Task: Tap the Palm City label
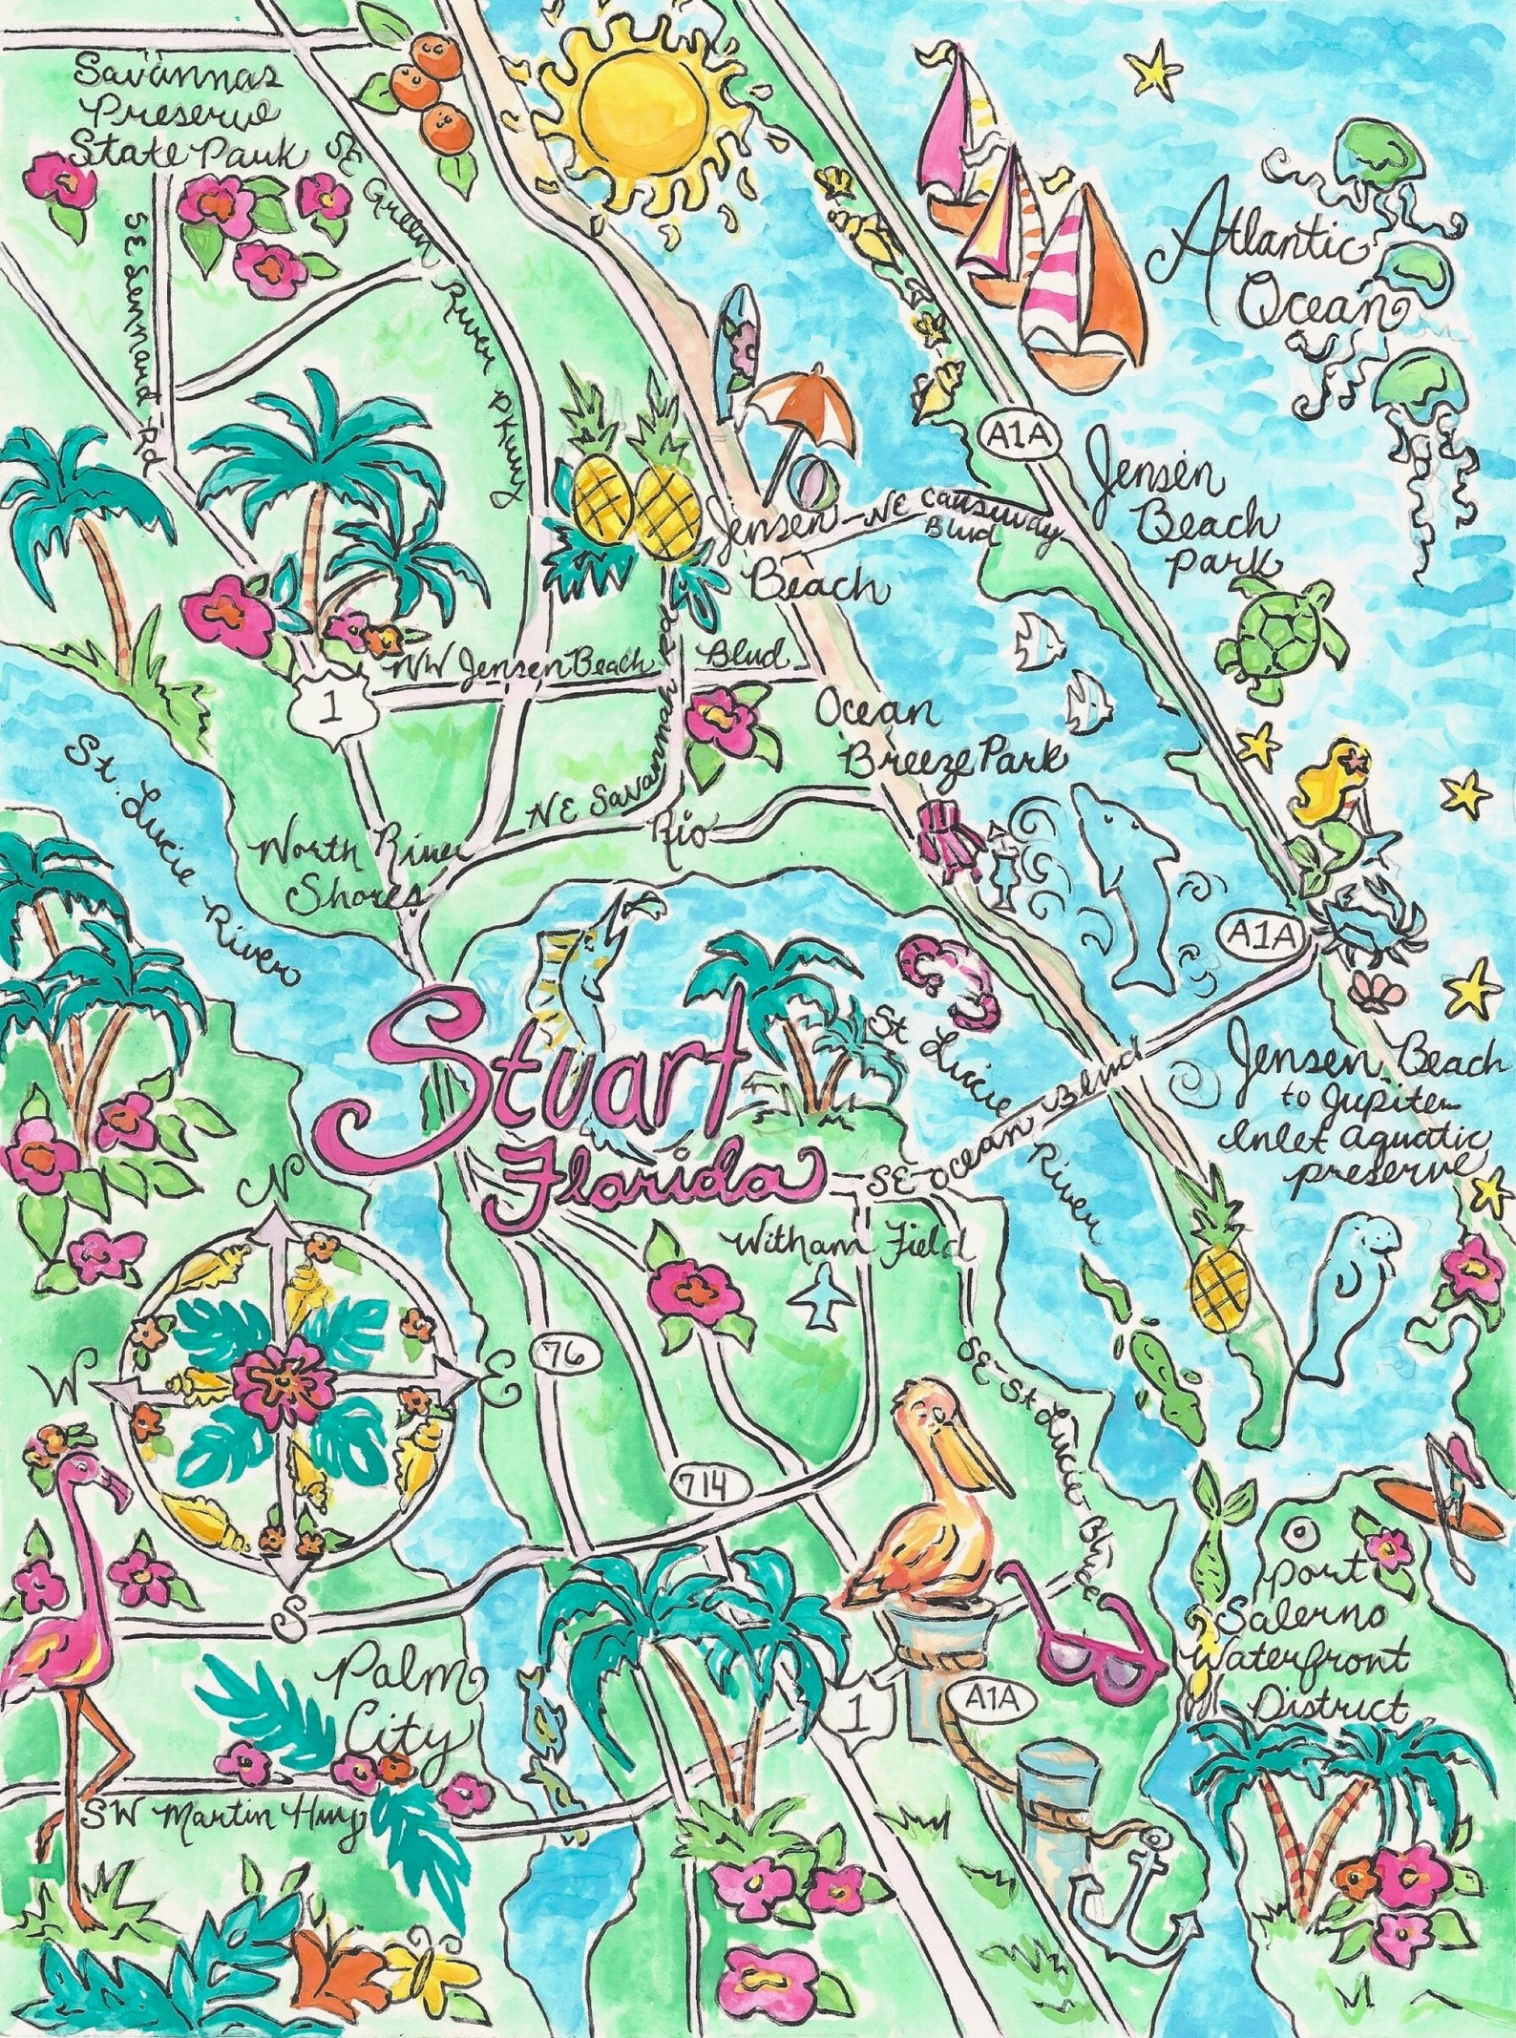pos(401,1699)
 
